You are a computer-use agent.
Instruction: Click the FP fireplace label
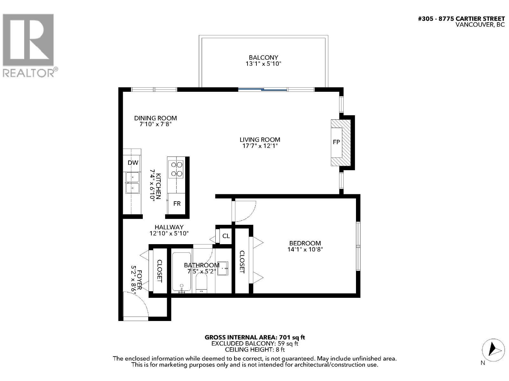336,142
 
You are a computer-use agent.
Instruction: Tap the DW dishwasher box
133,163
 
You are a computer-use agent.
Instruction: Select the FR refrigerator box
177,204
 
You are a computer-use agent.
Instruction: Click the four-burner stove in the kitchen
177,169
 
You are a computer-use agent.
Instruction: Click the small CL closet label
226,236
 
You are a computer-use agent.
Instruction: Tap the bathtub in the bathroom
182,272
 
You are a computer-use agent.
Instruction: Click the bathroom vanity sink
223,269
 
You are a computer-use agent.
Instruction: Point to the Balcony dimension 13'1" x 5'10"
263,64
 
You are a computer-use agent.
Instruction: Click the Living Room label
260,140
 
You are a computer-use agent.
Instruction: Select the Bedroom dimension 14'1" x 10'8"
305,250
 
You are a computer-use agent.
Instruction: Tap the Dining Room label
155,118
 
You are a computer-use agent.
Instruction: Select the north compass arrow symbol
493,350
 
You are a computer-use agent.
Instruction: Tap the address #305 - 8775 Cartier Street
461,19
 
